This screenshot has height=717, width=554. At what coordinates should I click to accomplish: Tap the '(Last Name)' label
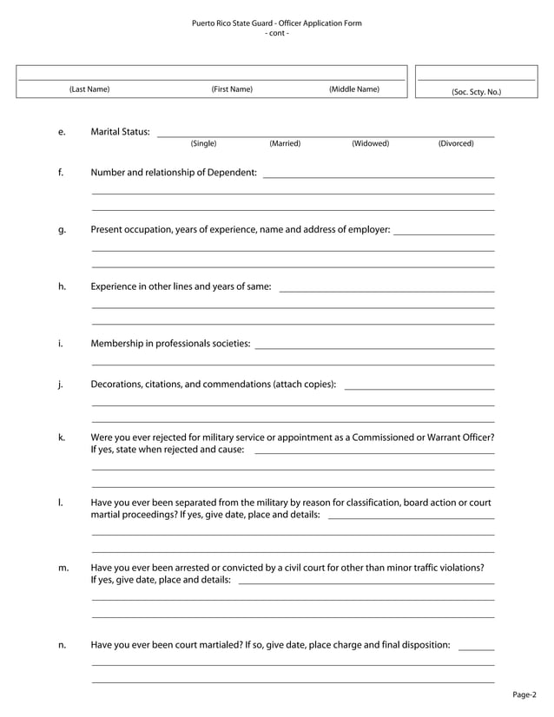(89, 89)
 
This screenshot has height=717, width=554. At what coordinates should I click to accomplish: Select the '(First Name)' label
(232, 89)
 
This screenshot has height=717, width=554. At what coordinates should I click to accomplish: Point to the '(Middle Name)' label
(353, 89)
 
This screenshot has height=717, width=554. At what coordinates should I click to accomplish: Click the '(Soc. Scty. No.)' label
(476, 91)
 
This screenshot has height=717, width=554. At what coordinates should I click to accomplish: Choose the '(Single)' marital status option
(203, 143)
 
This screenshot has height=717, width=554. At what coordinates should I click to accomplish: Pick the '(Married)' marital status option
(285, 143)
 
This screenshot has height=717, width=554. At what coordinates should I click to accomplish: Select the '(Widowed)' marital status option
(370, 143)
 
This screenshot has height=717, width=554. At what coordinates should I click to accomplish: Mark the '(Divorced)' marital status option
(456, 143)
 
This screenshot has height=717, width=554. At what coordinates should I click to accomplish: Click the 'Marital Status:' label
(120, 132)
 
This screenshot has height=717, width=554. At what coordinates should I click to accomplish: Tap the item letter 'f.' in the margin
(61, 172)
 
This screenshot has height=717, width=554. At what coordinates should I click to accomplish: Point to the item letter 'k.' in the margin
(62, 437)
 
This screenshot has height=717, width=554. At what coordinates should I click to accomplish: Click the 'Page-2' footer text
(524, 694)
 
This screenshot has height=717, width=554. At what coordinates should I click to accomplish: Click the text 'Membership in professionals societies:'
(170, 344)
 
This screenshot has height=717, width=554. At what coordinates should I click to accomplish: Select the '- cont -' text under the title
(276, 33)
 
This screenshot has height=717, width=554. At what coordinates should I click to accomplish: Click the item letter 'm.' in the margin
(63, 568)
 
